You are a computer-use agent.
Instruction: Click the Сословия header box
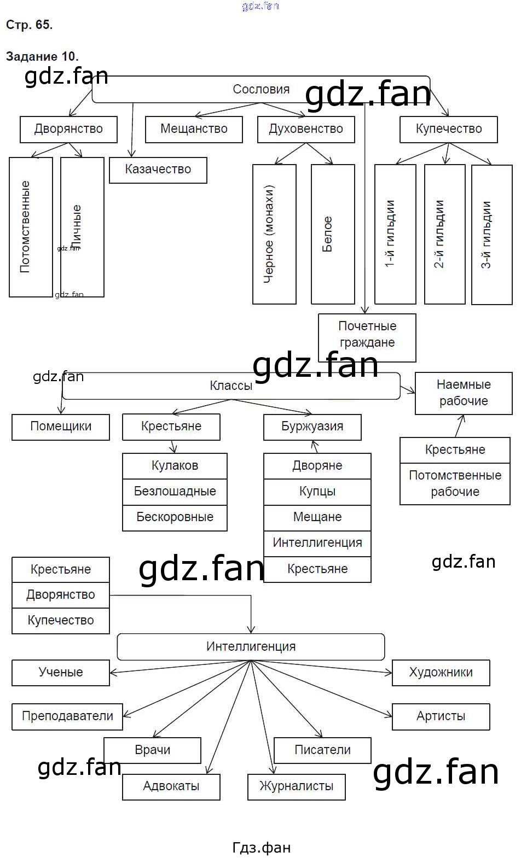(x=260, y=89)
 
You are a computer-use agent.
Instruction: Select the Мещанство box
(x=194, y=129)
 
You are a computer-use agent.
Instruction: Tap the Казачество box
(x=158, y=170)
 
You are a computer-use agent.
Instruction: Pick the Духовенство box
(x=306, y=129)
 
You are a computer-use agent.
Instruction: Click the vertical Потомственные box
(x=31, y=227)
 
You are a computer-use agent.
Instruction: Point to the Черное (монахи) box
(x=274, y=234)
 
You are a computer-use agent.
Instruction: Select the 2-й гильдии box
(x=444, y=234)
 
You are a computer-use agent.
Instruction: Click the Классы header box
(x=231, y=386)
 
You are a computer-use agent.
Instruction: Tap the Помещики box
(x=61, y=427)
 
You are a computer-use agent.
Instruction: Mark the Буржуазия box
(x=312, y=427)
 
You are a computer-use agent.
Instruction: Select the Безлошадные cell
(x=175, y=492)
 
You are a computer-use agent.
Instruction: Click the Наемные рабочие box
(x=464, y=393)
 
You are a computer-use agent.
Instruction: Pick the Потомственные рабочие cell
(x=455, y=484)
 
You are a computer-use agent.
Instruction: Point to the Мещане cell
(x=317, y=517)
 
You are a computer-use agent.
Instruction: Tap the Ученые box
(x=61, y=673)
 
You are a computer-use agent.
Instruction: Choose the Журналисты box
(x=296, y=787)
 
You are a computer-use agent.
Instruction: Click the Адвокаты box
(x=171, y=787)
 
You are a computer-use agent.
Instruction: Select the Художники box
(x=441, y=673)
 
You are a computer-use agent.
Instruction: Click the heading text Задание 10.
(x=42, y=56)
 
